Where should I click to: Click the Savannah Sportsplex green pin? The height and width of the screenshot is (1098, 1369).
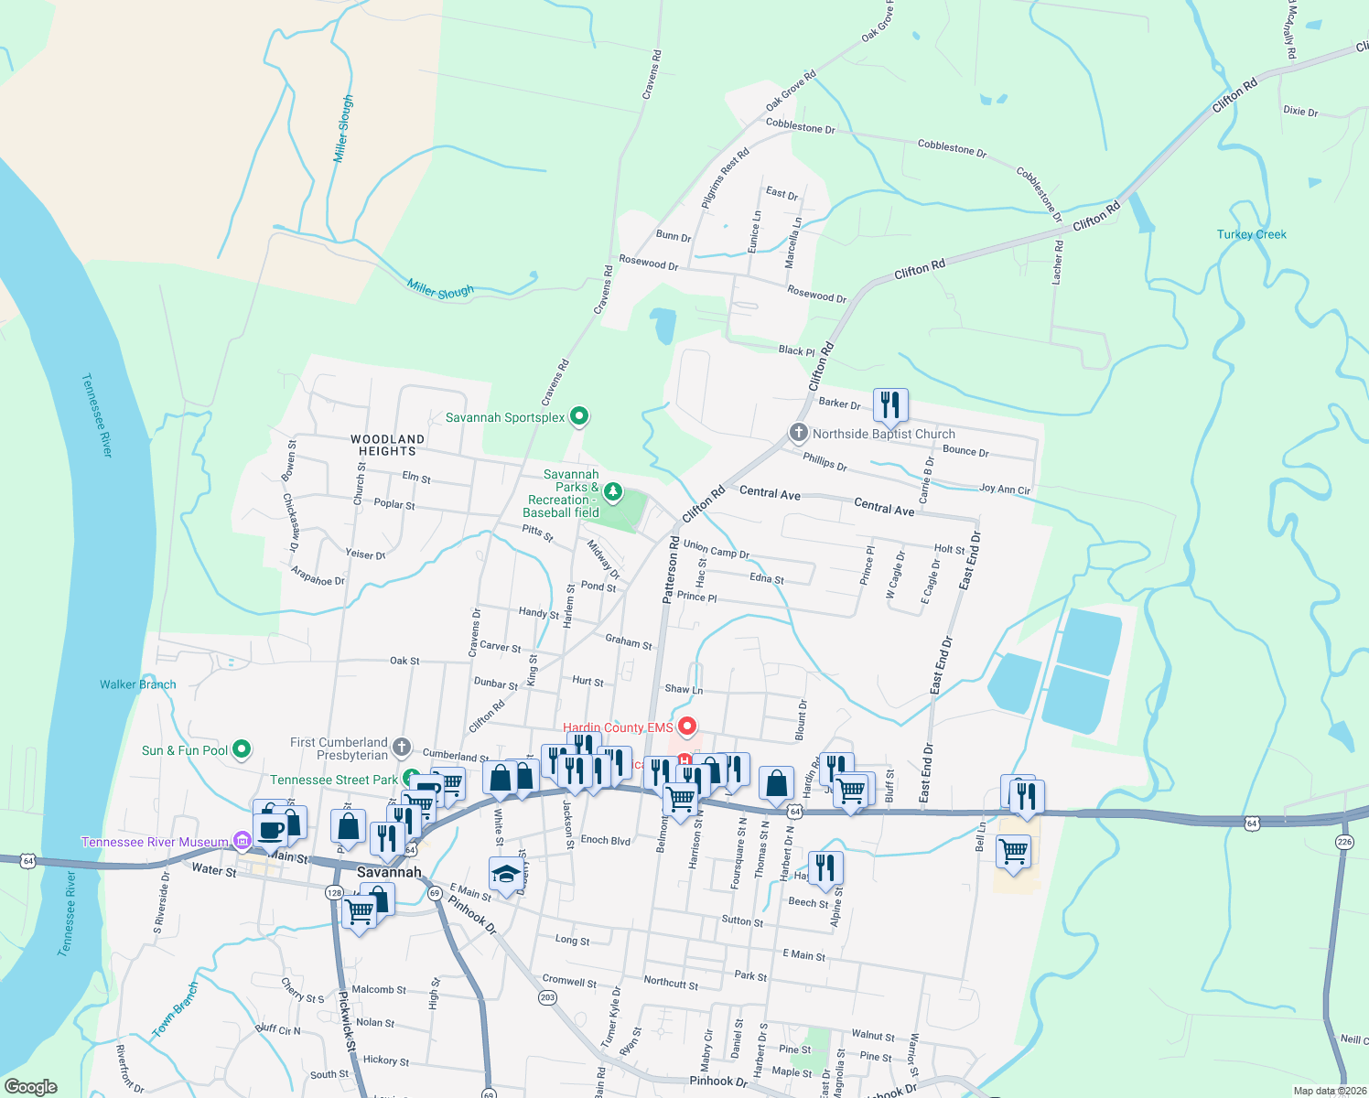pos(578,416)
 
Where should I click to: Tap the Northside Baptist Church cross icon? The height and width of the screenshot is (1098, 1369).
pos(799,433)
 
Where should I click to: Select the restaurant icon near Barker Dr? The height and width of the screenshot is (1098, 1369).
pos(890,404)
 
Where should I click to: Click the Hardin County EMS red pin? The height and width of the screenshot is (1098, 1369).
pos(687,727)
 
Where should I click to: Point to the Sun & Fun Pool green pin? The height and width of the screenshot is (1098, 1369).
pos(242,749)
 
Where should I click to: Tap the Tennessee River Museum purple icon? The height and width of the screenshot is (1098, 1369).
pos(242,840)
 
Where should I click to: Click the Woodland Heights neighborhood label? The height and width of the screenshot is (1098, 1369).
pos(387,446)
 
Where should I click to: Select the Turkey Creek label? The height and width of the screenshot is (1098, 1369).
pos(1251,235)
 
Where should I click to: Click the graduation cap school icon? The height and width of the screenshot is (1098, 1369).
pos(506,875)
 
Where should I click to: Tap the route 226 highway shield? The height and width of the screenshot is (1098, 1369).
pos(1343,842)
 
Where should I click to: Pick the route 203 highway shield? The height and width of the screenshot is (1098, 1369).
pos(547,996)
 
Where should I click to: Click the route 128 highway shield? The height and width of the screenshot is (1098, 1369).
pos(334,892)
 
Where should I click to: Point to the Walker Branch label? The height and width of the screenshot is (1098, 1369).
pos(138,684)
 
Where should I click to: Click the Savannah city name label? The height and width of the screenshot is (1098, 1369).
pos(389,872)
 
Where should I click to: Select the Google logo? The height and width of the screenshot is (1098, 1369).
pos(31,1086)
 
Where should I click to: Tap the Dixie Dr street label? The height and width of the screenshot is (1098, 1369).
pos(1300,112)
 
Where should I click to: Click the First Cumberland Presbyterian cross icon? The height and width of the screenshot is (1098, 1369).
pos(401,748)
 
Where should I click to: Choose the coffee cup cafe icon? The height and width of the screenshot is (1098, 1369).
pos(271,830)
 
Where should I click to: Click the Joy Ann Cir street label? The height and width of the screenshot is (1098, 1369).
pos(1004,490)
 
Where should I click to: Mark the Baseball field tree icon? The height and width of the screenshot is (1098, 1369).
pos(612,493)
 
